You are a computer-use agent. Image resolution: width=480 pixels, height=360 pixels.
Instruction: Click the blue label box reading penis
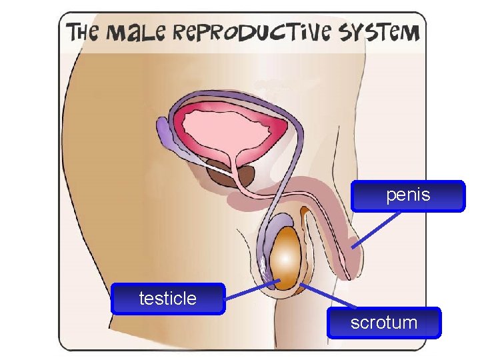(408, 196)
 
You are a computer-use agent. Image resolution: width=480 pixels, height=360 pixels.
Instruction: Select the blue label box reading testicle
(168, 298)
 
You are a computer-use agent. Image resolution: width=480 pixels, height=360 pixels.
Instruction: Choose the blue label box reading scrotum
(384, 323)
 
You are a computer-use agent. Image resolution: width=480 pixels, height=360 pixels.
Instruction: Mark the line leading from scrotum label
(327, 297)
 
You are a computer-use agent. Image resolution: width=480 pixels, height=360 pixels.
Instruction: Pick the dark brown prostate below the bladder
(230, 175)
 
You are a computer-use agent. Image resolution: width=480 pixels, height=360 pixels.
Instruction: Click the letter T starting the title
(72, 32)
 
